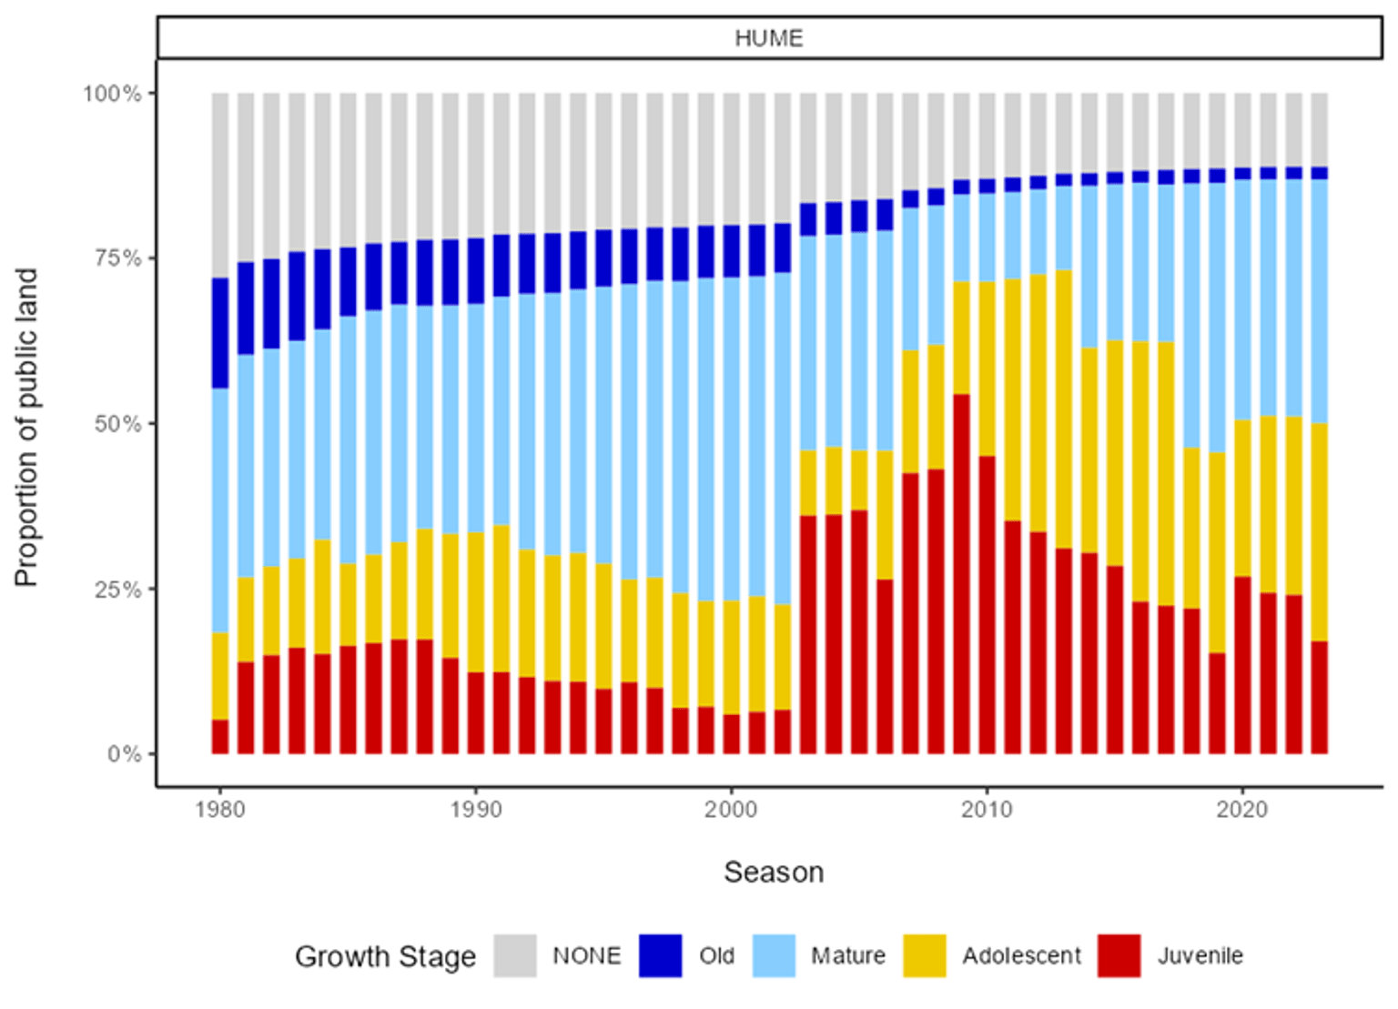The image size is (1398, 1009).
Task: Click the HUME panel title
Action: pos(769,38)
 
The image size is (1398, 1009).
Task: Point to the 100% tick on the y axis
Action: pos(113,94)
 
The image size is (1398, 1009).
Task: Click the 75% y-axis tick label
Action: pos(117,258)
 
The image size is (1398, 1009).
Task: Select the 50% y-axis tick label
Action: pos(117,424)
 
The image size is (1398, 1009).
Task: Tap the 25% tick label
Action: pos(117,590)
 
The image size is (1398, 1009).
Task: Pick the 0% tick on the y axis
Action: pos(124,754)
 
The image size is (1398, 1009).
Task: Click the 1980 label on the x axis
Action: pos(220,810)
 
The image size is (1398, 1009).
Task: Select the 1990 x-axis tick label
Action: pos(476,810)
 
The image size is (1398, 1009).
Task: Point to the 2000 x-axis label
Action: pos(731,810)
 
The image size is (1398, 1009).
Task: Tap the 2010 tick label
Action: pos(987,810)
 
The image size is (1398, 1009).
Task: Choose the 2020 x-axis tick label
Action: pos(1242,810)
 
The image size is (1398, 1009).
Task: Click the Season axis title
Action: pos(774,873)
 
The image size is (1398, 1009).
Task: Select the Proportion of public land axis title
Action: pos(27,428)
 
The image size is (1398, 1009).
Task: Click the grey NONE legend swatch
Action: pos(515,956)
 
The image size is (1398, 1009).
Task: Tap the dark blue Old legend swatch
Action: pos(660,956)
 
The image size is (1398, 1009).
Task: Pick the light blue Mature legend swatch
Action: pos(774,956)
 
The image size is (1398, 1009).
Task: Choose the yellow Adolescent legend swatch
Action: pos(925,956)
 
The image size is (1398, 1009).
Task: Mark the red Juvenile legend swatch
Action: pos(1119,956)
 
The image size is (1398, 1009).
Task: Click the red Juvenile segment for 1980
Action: pos(220,737)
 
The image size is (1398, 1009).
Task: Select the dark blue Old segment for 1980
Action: pos(220,333)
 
